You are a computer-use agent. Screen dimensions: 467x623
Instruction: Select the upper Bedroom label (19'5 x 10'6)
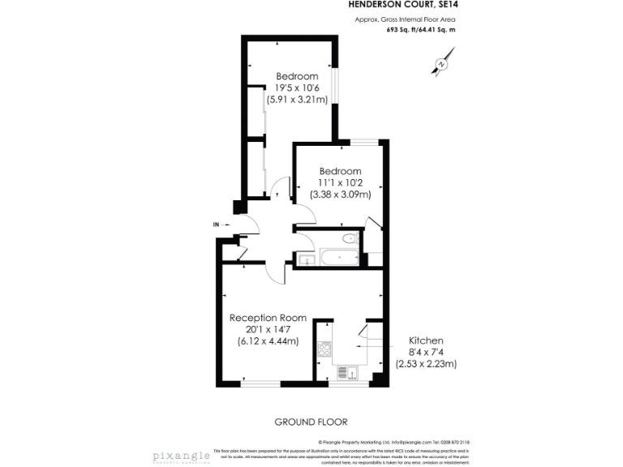(x=297, y=77)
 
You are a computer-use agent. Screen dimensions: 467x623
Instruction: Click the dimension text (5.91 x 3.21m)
(x=297, y=101)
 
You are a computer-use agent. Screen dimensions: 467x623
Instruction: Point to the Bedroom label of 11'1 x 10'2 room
(x=340, y=171)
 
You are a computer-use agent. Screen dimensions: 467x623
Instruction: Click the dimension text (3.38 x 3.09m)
(x=340, y=195)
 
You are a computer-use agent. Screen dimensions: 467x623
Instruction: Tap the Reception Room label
(x=268, y=318)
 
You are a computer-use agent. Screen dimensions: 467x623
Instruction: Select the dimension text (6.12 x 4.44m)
(x=268, y=341)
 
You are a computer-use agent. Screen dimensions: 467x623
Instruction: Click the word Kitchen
(x=425, y=341)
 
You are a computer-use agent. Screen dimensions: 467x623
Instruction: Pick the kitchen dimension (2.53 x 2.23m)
(x=426, y=364)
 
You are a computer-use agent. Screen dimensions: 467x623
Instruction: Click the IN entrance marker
(x=216, y=225)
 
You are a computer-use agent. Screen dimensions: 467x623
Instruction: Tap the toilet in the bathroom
(x=349, y=238)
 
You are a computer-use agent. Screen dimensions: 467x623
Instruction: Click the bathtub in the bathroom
(x=337, y=259)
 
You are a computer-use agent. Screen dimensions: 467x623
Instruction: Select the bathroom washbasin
(x=305, y=259)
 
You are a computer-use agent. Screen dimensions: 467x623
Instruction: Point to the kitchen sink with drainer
(x=350, y=372)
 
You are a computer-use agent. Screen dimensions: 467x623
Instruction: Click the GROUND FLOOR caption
(x=311, y=422)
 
